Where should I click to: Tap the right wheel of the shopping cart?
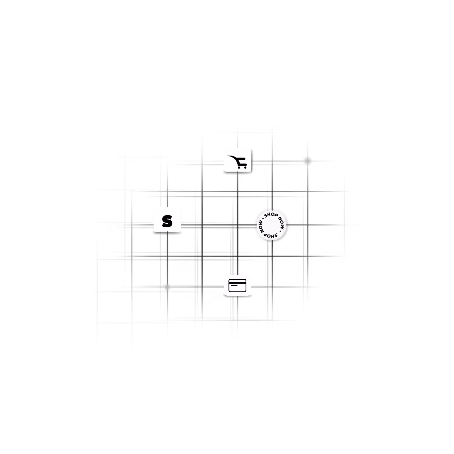[x=245, y=167]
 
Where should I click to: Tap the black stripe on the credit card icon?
[x=238, y=283]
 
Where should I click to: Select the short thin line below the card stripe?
[x=234, y=287]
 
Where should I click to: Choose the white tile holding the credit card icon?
[x=238, y=285]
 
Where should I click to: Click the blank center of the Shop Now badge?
[x=271, y=225]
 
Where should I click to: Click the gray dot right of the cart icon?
[x=308, y=161]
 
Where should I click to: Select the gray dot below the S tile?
[x=167, y=287]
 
